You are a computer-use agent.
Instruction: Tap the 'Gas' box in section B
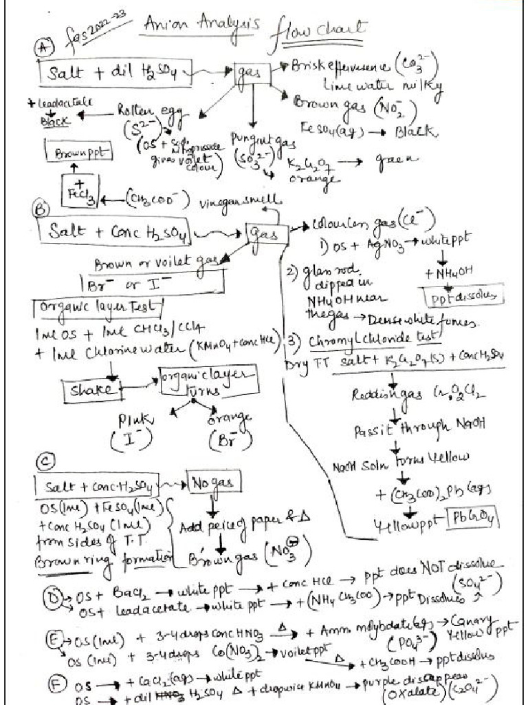click(x=265, y=235)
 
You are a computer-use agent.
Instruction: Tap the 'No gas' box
click(x=211, y=483)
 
